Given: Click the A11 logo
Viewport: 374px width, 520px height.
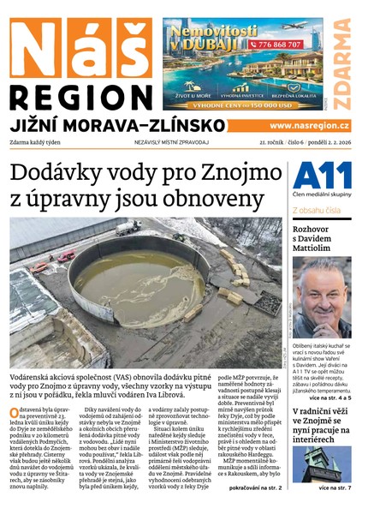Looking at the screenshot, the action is click(x=322, y=176).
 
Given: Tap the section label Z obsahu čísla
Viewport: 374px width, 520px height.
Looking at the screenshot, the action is click(x=318, y=210).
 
